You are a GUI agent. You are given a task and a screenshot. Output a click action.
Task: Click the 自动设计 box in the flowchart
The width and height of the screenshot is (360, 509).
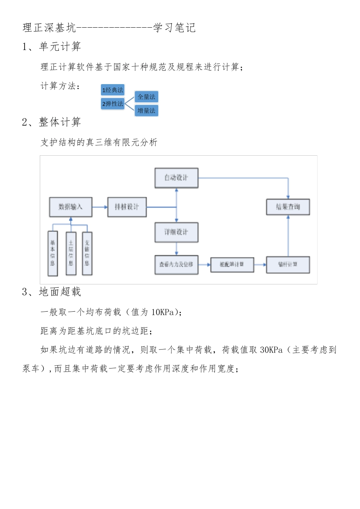coord(176,178)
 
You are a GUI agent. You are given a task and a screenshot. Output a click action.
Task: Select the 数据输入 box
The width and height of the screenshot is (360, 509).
coord(70,207)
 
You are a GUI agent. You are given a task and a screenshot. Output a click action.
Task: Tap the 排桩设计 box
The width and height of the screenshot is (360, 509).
coord(127,207)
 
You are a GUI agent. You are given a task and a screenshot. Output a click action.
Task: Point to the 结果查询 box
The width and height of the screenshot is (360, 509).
coord(288,207)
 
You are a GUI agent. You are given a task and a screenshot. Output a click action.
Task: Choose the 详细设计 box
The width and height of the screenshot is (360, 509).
coord(176,232)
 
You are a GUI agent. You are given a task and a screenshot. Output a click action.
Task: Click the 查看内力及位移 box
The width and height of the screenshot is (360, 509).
coord(176,264)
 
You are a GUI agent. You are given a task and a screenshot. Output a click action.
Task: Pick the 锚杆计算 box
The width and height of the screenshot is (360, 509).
coord(288,264)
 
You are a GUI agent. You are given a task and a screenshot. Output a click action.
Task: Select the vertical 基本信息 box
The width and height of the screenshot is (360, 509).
coord(53,253)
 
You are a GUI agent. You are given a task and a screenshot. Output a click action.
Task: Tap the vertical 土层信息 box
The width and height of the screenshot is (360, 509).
coord(71,253)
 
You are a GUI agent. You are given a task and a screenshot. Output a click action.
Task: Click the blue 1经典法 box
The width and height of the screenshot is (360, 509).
coord(113,90)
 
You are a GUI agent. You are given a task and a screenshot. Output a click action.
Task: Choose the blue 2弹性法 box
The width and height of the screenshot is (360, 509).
coord(113,104)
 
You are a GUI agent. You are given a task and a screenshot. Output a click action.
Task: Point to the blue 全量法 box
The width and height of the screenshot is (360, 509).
coord(146,97)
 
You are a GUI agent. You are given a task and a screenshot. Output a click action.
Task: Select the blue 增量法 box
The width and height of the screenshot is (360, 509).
coord(146,111)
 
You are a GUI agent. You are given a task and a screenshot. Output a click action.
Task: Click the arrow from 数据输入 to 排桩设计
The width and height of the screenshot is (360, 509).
coord(100,207)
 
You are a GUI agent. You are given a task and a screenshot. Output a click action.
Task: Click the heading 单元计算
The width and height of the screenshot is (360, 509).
coord(60,47)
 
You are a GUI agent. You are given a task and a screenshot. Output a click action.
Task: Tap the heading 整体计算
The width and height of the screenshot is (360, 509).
coord(60,122)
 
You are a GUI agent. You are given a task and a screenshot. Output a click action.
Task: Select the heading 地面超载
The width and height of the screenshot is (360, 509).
coord(60,292)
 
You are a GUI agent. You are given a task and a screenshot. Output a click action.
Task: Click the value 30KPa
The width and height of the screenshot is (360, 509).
coord(271,350)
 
